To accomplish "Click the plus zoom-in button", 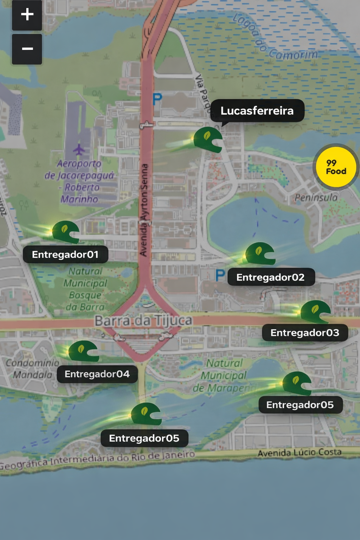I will click(x=27, y=15).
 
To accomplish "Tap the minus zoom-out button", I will click(x=27, y=49).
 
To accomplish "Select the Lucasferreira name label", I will click(x=257, y=111).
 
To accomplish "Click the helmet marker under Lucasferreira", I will click(x=208, y=140).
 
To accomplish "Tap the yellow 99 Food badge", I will click(x=336, y=167).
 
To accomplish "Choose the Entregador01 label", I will click(x=65, y=255).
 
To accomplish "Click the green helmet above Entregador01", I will click(x=65, y=232).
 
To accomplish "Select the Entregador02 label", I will click(x=271, y=277).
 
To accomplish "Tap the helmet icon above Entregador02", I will click(x=260, y=253).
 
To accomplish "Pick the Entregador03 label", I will click(x=305, y=333).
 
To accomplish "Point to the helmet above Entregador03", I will click(x=315, y=311).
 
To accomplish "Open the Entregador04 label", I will click(x=97, y=374).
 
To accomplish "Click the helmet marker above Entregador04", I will click(x=84, y=351).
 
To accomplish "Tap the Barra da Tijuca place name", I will click(x=143, y=321).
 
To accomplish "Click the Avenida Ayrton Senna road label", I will click(x=144, y=210).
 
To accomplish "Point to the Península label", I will click(x=316, y=198).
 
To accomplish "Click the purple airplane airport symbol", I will click(x=79, y=149).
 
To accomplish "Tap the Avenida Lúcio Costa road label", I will click(x=300, y=452).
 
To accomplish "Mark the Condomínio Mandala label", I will click(x=32, y=369).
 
